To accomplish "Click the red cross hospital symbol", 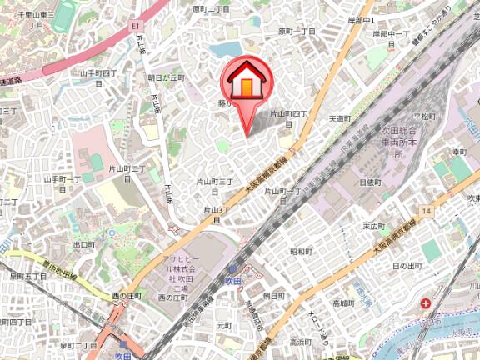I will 426,306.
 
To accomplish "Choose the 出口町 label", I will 83,245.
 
